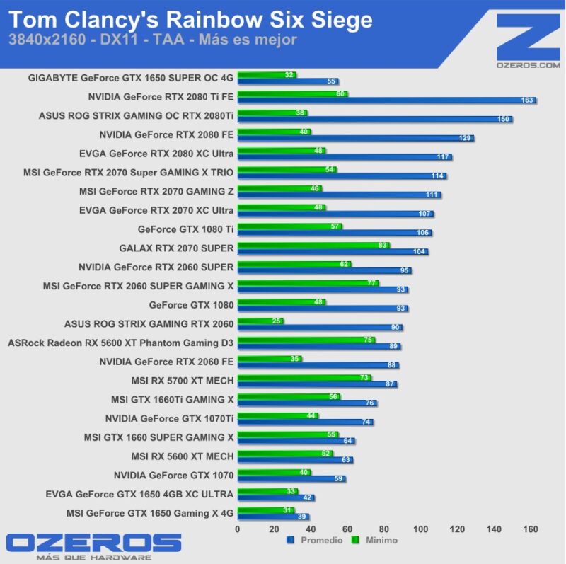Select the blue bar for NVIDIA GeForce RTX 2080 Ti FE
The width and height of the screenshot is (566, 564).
click(386, 100)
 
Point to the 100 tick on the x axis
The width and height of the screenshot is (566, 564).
click(420, 529)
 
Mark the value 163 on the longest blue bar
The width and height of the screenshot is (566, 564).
click(527, 100)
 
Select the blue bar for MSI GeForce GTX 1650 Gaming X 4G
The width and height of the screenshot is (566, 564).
click(273, 517)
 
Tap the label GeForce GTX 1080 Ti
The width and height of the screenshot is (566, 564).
click(185, 229)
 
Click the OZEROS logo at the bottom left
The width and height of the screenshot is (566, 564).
click(94, 543)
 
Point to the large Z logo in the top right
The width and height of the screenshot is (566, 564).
click(528, 35)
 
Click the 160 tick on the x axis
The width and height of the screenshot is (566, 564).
click(531, 529)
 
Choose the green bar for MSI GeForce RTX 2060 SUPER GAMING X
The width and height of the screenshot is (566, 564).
click(308, 283)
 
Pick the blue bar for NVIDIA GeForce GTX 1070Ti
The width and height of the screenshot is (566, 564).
click(305, 422)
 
